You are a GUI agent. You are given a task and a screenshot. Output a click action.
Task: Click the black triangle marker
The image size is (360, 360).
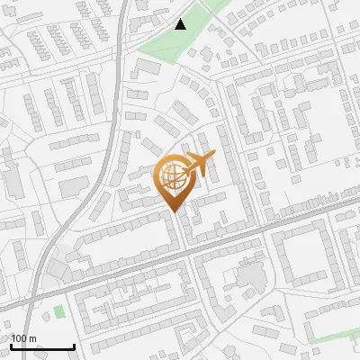coord(180,24)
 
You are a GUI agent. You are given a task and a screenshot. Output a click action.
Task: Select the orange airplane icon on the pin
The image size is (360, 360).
coord(200,165)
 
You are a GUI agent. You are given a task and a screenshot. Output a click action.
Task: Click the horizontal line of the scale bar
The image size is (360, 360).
coord(41,346)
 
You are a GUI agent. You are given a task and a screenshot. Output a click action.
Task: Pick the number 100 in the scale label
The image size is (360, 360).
coord(20,338)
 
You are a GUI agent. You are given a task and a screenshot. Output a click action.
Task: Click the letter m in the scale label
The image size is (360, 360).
coord(33,338)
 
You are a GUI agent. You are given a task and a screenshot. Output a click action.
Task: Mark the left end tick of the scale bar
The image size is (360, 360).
coord(10,345)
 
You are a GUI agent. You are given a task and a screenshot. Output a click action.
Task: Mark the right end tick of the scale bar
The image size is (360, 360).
coord(74,345)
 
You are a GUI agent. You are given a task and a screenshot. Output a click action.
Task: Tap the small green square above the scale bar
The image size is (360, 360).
coord(59,311)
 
